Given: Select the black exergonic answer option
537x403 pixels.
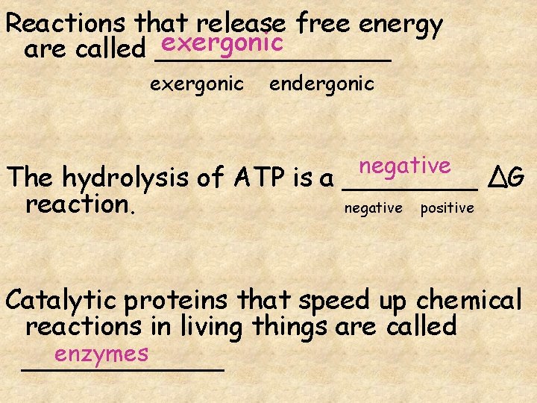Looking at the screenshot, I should point(197,84).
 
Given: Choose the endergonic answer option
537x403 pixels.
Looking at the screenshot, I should point(321,84).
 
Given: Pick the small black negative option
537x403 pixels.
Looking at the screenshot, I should point(373,208).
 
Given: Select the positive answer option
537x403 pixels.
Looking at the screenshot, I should point(447,208).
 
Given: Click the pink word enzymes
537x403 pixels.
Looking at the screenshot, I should point(101,353).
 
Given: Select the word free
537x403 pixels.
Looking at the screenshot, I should point(324,24).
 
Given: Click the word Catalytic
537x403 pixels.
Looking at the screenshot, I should point(63,300).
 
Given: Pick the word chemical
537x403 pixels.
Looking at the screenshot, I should point(468,300).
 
